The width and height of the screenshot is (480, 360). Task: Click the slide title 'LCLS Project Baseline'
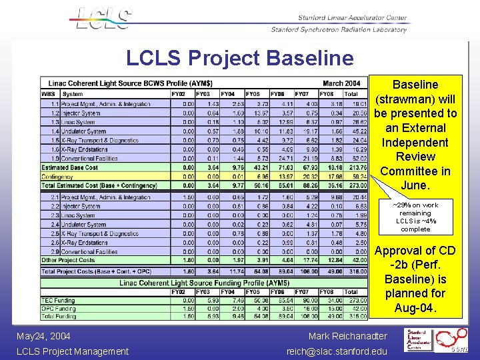[x=240, y=58]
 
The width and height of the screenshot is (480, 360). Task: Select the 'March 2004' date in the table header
[x=341, y=83]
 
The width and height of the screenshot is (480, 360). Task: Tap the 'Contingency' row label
[x=59, y=176]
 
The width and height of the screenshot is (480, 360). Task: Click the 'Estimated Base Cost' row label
[x=69, y=167]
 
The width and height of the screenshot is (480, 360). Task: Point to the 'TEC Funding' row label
[x=58, y=301]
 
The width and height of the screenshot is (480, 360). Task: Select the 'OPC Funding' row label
[x=58, y=308]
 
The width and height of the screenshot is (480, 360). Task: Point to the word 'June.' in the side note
[x=415, y=185]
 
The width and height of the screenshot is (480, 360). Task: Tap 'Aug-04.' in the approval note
[x=415, y=308]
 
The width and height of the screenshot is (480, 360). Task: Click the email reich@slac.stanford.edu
[x=337, y=351]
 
